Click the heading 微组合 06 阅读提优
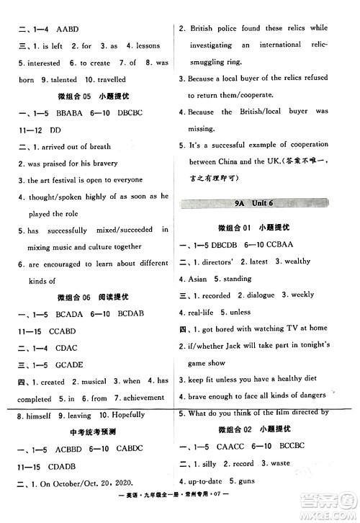point(90,297)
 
